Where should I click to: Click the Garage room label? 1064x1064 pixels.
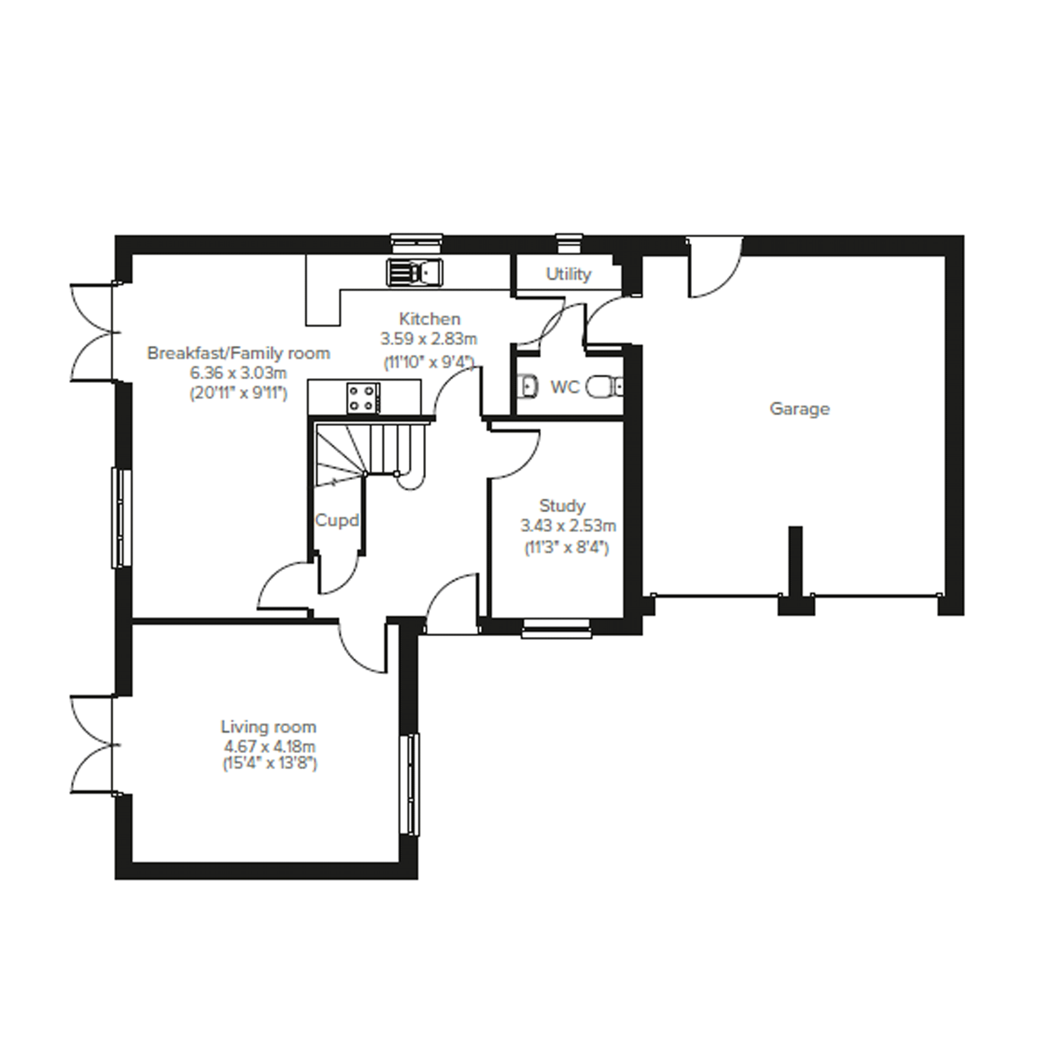click(799, 409)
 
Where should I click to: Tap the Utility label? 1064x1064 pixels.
click(569, 274)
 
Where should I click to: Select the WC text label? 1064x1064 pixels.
click(564, 387)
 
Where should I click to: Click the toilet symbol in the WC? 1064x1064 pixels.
click(603, 387)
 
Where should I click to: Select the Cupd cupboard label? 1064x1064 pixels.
click(336, 520)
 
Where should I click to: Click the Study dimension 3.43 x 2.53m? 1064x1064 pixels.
click(568, 526)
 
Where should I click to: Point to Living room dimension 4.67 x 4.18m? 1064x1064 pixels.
click(270, 747)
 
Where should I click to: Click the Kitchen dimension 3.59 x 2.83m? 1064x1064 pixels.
click(429, 339)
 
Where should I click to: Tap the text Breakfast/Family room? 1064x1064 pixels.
click(239, 353)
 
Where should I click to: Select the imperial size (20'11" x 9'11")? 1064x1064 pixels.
click(239, 394)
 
